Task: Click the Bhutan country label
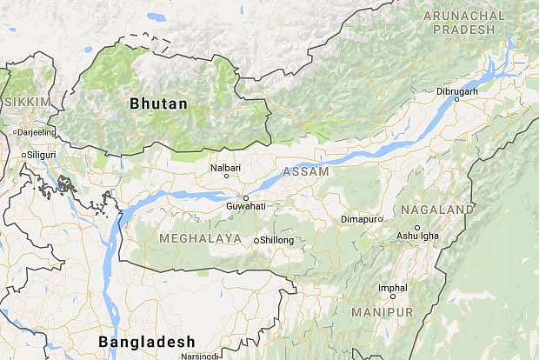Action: pyautogui.click(x=158, y=103)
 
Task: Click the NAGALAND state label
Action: pyautogui.click(x=437, y=210)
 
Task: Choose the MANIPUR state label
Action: pyautogui.click(x=382, y=311)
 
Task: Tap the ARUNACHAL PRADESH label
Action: pyautogui.click(x=464, y=23)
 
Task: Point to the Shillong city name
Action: pyautogui.click(x=277, y=240)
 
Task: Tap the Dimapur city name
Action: pyautogui.click(x=360, y=219)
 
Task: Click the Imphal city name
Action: pyautogui.click(x=391, y=287)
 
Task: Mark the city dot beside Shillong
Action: pyautogui.click(x=256, y=240)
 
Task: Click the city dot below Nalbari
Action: pyautogui.click(x=227, y=176)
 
